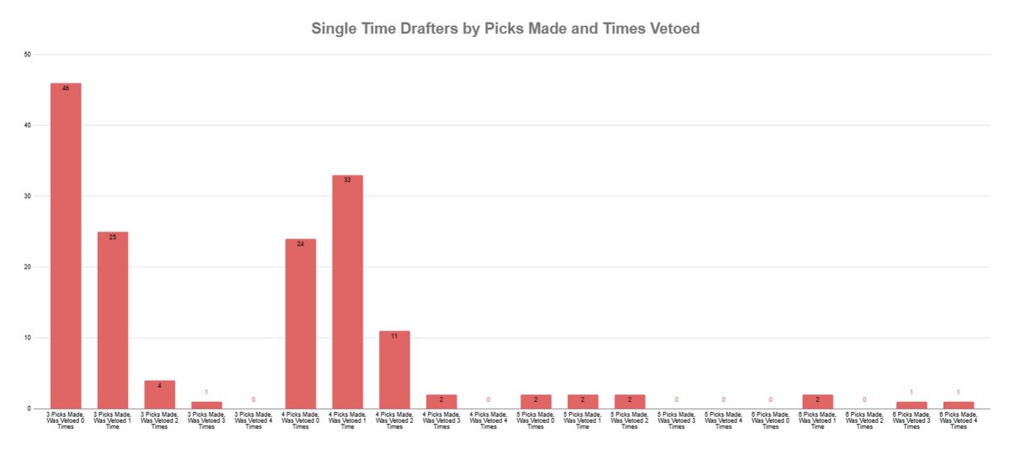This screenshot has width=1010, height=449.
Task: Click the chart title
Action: point(505,29)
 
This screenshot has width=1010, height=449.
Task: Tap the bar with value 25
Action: point(113,320)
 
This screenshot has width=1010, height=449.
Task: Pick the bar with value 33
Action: point(348,291)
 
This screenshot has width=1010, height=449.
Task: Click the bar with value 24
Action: point(301,323)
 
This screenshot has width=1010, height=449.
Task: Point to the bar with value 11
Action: point(394,370)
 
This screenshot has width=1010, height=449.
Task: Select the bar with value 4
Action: point(159,394)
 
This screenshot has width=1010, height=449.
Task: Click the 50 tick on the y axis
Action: point(28,55)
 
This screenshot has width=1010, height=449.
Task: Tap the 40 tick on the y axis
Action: point(28,126)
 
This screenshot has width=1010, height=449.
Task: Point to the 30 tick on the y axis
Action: point(28,196)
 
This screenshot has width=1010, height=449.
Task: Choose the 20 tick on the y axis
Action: point(28,267)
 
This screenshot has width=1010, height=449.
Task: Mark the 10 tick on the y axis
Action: point(28,338)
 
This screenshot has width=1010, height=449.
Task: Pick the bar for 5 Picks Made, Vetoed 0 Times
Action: point(536,402)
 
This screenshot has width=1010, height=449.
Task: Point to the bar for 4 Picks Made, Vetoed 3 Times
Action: point(441,402)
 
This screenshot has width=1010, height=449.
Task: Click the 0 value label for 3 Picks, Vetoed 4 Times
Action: point(254,399)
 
